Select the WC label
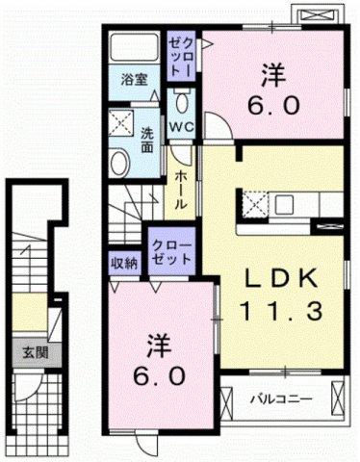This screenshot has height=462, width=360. tap(183, 126)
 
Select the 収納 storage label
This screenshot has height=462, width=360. tap(123, 262)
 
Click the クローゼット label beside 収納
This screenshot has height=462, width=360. tap(171, 253)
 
